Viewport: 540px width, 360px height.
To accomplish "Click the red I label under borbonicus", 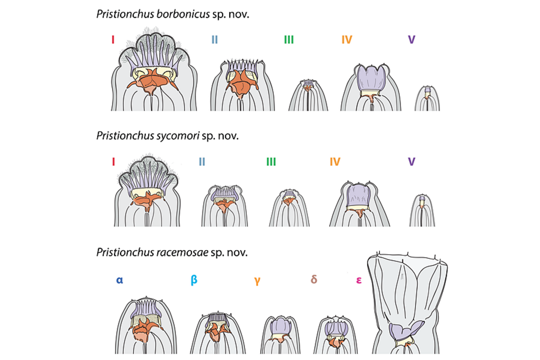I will coord(113,40).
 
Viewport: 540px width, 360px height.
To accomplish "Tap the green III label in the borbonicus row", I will coord(288,40).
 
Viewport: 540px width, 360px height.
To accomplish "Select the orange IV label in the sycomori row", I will coord(335,162).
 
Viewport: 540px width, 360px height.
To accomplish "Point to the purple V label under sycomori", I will coord(411,162).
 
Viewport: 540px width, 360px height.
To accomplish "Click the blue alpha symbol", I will coord(120,279).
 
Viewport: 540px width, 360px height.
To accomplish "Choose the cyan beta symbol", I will coord(194,280).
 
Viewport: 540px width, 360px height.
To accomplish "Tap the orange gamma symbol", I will coord(257,280).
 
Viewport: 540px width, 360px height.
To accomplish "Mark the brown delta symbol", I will coord(314,279).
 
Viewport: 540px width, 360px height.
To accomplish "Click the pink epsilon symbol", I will coord(360,280).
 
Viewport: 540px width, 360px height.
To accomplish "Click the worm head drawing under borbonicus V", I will coord(427,99).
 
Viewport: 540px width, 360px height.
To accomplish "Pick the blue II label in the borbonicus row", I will coord(214,40).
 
